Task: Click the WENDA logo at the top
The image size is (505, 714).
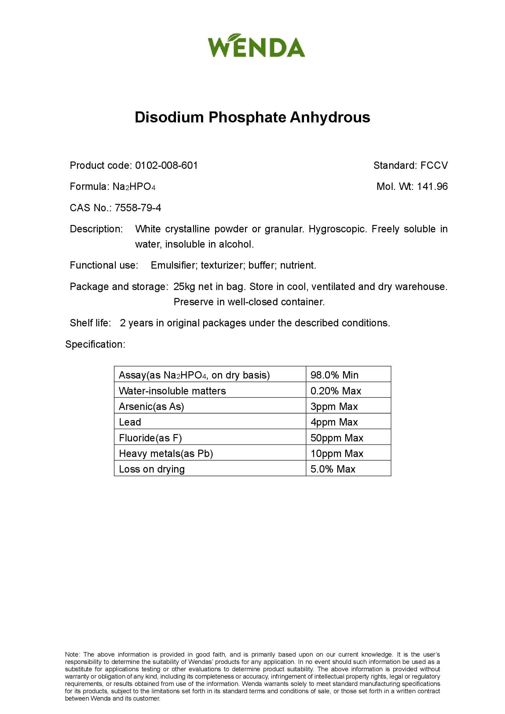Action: (256, 46)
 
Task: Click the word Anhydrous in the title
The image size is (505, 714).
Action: (330, 118)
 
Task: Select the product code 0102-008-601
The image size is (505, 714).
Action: (167, 165)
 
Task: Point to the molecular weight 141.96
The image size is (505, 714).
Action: (432, 187)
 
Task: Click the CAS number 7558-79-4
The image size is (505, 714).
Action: (138, 208)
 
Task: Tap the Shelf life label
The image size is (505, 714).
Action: (90, 323)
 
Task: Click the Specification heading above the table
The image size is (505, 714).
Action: (95, 344)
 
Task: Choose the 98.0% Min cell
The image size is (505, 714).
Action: (335, 375)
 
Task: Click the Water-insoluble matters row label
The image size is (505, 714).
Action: (172, 391)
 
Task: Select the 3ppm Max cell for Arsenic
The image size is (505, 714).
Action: (334, 406)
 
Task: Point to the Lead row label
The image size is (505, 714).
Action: (130, 422)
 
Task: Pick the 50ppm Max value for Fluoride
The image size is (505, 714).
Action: (337, 438)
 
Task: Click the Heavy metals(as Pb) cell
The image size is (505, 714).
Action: (166, 453)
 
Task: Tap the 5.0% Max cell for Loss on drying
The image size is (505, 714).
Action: (333, 469)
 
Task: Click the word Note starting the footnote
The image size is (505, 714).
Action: (72, 654)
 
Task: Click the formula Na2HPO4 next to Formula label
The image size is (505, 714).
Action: (134, 187)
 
